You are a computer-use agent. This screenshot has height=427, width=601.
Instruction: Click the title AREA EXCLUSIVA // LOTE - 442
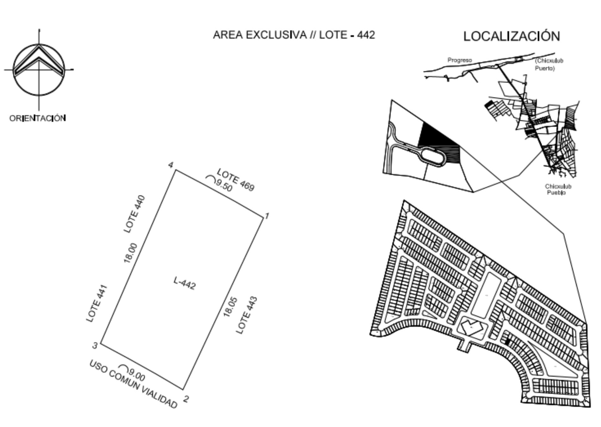coord(294,35)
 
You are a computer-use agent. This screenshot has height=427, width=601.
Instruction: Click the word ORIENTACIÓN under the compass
coord(38,118)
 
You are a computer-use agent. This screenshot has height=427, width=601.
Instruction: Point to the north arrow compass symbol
coord(39,70)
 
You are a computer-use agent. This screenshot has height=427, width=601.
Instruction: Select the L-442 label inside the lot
coord(185,283)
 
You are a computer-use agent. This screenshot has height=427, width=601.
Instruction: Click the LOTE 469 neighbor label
coord(236,180)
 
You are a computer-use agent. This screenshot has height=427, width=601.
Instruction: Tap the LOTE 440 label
coord(134,214)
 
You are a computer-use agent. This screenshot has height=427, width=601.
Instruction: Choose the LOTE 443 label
coord(247,315)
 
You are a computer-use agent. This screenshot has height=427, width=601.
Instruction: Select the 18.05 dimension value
coord(230,306)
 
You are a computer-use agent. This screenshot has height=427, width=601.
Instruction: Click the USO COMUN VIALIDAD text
coord(133,384)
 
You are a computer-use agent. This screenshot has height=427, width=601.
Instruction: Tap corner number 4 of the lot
coord(171,165)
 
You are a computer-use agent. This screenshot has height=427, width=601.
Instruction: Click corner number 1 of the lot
coord(267,216)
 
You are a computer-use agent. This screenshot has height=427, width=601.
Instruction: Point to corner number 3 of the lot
coord(95,346)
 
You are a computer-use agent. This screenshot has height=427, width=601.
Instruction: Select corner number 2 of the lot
coord(186,399)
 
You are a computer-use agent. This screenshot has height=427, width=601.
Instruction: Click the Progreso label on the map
coord(460,60)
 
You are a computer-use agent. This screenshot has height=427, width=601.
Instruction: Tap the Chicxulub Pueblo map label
coord(558,189)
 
